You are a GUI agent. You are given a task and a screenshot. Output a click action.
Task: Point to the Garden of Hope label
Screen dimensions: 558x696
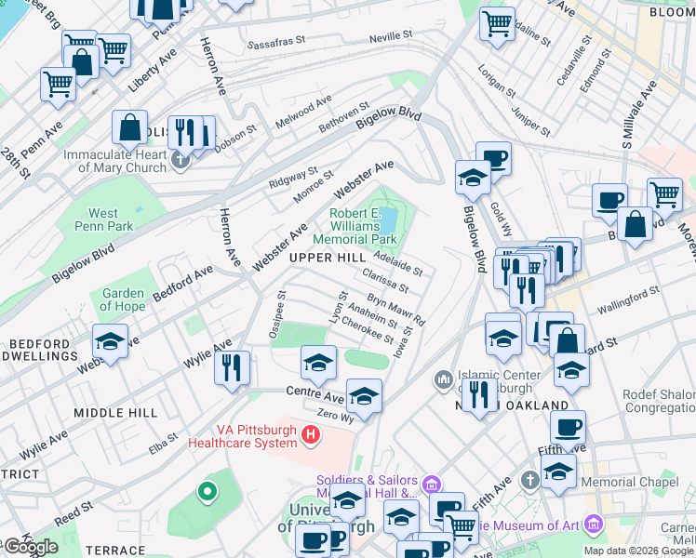coord(123,299)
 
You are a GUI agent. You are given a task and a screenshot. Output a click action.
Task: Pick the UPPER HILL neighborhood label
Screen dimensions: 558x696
coord(327,257)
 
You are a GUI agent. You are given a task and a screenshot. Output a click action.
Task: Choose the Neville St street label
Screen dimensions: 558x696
coord(391,35)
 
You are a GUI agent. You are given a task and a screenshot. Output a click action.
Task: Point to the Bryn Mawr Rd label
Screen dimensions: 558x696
coord(395,310)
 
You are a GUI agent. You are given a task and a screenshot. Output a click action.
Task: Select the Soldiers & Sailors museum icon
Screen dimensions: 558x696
coord(430,484)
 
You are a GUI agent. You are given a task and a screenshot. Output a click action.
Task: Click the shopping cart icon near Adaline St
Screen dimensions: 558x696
coord(498,23)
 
